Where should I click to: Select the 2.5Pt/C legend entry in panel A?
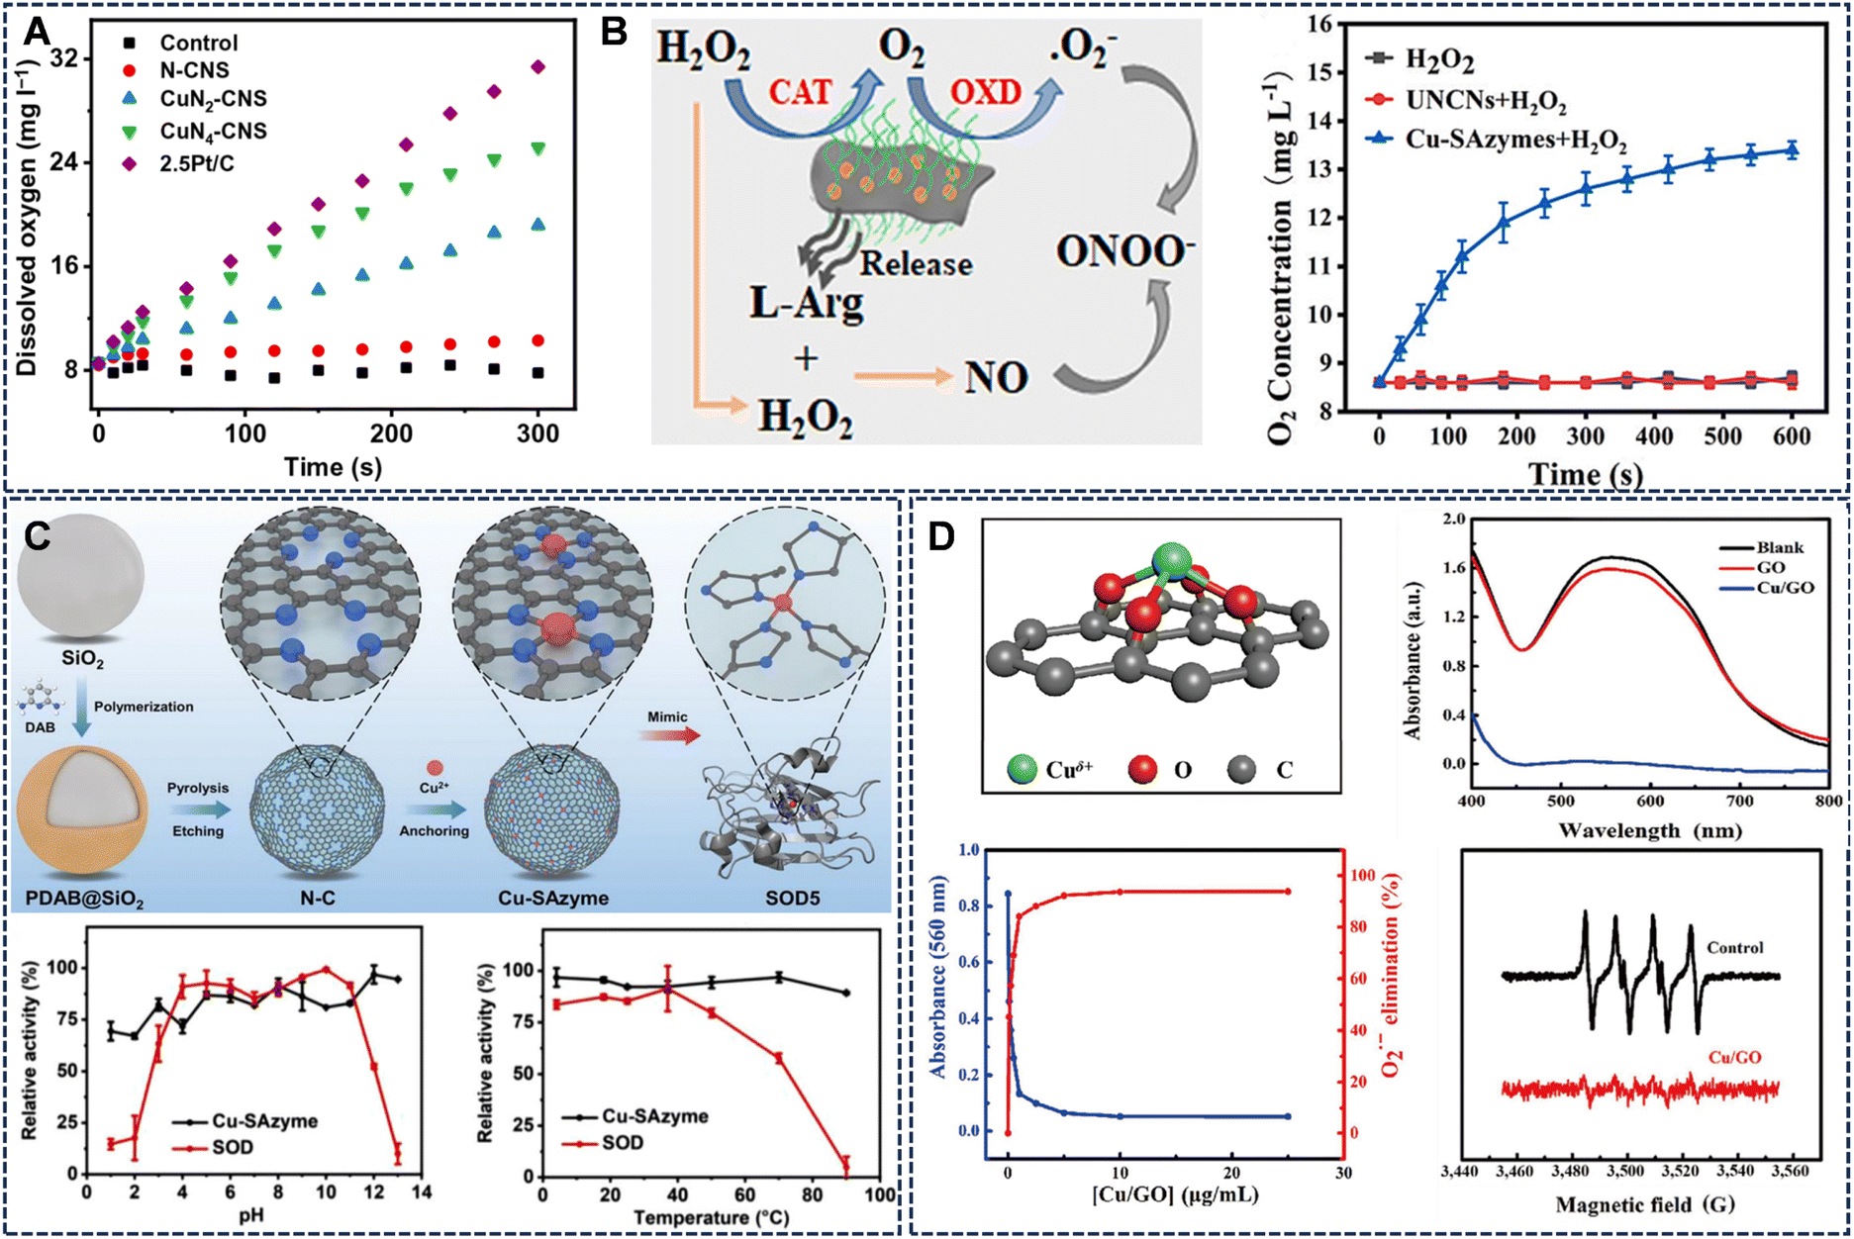(197, 163)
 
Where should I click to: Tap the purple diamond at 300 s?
(538, 66)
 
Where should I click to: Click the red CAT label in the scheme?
(800, 93)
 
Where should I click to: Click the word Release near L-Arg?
(916, 264)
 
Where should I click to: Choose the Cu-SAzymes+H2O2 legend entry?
(1514, 140)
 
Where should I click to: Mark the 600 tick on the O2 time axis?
(1792, 436)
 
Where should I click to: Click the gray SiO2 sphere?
(81, 575)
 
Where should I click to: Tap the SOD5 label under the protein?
(792, 898)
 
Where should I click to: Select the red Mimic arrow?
(669, 735)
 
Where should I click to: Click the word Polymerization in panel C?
(144, 707)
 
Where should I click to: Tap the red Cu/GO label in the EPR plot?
(1734, 1057)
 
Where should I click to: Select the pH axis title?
(255, 1212)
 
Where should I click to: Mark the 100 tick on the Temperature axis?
(879, 1193)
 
